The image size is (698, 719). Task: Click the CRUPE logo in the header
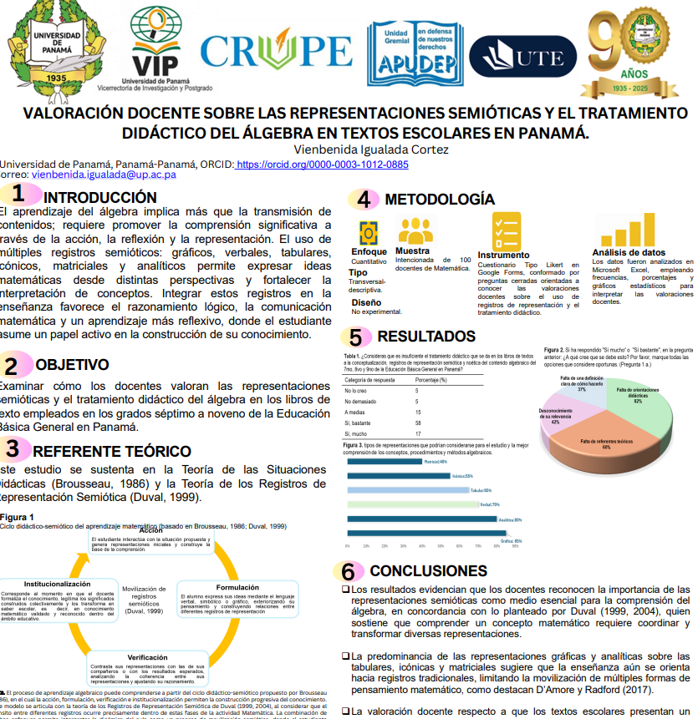(x=276, y=51)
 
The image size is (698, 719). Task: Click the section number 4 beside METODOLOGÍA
(x=364, y=200)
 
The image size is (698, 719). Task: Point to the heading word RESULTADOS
(x=426, y=337)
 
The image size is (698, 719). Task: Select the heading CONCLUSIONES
(x=428, y=571)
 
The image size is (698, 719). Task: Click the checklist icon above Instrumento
(x=507, y=230)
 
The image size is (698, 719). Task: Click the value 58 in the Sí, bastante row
(x=418, y=423)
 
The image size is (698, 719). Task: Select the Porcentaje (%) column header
(x=431, y=380)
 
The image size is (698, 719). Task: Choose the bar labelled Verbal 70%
(x=412, y=504)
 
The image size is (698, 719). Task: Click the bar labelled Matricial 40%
(x=385, y=461)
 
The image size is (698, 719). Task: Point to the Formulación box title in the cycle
(x=237, y=587)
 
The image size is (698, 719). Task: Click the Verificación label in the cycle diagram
(x=148, y=657)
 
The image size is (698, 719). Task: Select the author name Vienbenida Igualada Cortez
(x=371, y=149)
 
